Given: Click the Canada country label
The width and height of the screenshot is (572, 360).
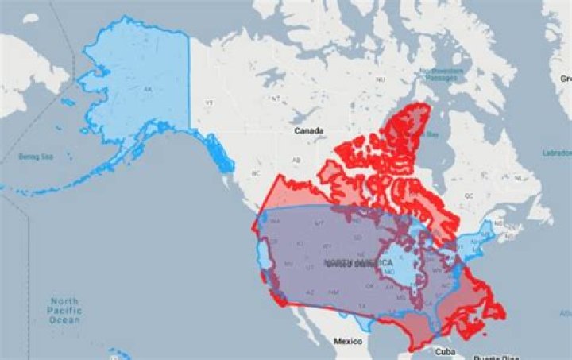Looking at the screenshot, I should click(x=308, y=130).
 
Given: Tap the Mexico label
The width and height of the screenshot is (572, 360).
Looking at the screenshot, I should click(x=348, y=341).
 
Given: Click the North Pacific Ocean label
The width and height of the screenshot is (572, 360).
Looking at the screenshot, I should click(x=64, y=311).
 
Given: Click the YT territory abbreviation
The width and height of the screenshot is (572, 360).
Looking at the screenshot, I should click(x=210, y=103).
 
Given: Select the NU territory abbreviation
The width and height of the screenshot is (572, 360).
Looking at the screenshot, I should click(x=380, y=79).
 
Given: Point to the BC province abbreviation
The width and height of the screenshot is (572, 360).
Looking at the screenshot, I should click(x=255, y=172).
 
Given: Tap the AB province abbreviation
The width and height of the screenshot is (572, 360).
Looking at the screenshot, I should click(x=296, y=160).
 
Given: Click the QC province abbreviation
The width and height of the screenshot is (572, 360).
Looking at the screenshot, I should click(x=468, y=195).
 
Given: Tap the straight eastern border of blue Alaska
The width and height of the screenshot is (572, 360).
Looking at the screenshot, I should click(x=189, y=87).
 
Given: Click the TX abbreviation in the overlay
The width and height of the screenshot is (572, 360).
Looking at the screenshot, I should click(x=362, y=304).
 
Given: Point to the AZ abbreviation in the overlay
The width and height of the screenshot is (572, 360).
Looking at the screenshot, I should click(x=311, y=292).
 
